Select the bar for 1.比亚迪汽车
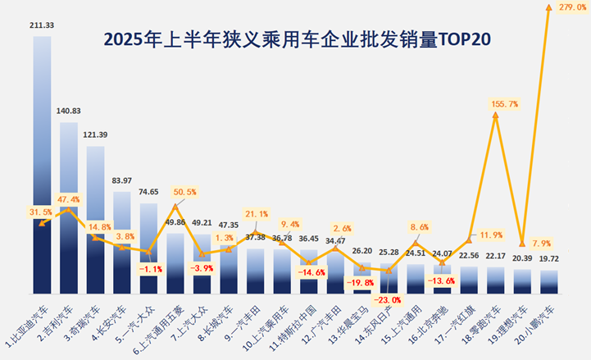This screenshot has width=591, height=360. coord(43,164)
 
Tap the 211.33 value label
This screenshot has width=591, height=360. coord(43,25)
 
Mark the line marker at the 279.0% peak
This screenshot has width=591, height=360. coord(548,7)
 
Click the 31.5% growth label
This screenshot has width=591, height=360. coord(30,213)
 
